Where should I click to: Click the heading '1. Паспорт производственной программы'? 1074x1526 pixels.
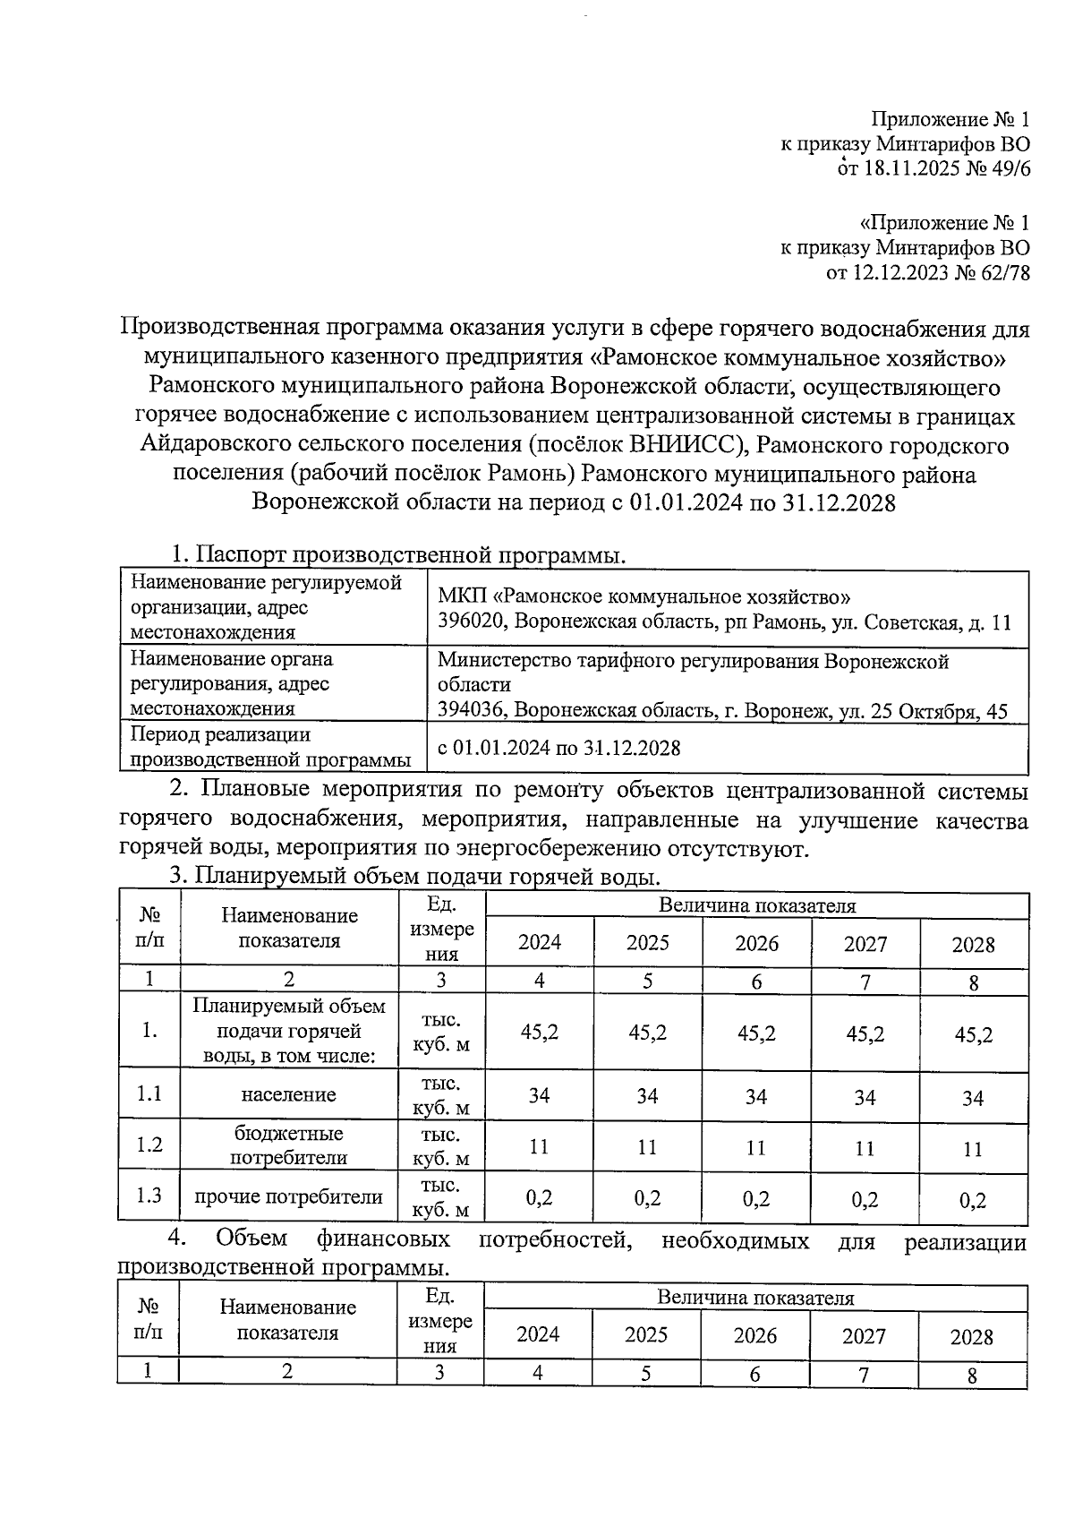(x=398, y=555)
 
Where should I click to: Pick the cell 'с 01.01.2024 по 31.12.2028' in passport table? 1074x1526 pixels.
(x=558, y=748)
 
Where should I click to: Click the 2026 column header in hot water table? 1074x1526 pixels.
(x=756, y=943)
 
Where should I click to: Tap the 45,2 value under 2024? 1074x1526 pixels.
(x=539, y=1032)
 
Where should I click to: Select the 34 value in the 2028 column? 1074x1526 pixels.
(x=973, y=1098)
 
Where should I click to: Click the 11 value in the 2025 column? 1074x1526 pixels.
(x=647, y=1147)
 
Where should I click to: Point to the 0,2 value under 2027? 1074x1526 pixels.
(x=865, y=1199)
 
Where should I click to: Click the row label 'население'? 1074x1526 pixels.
(x=288, y=1094)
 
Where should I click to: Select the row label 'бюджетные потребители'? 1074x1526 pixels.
(x=288, y=1145)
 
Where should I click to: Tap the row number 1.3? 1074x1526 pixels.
(x=149, y=1196)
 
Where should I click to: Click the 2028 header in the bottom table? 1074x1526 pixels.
(x=972, y=1337)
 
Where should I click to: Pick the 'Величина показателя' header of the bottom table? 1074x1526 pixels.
(x=755, y=1298)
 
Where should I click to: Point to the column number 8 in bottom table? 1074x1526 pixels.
(x=972, y=1376)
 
